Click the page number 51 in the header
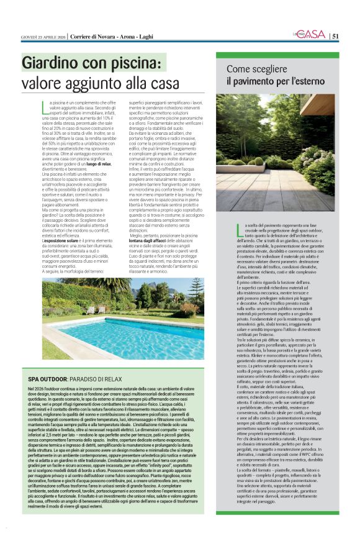[335, 36]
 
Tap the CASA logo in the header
[313, 35]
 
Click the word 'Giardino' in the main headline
[50, 63]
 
